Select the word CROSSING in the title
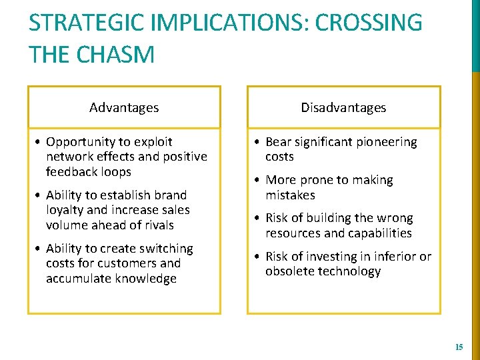(369, 23)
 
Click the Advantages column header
(124, 107)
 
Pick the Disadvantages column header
(343, 107)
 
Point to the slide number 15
(459, 347)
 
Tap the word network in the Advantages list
(69, 157)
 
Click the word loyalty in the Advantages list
(66, 210)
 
